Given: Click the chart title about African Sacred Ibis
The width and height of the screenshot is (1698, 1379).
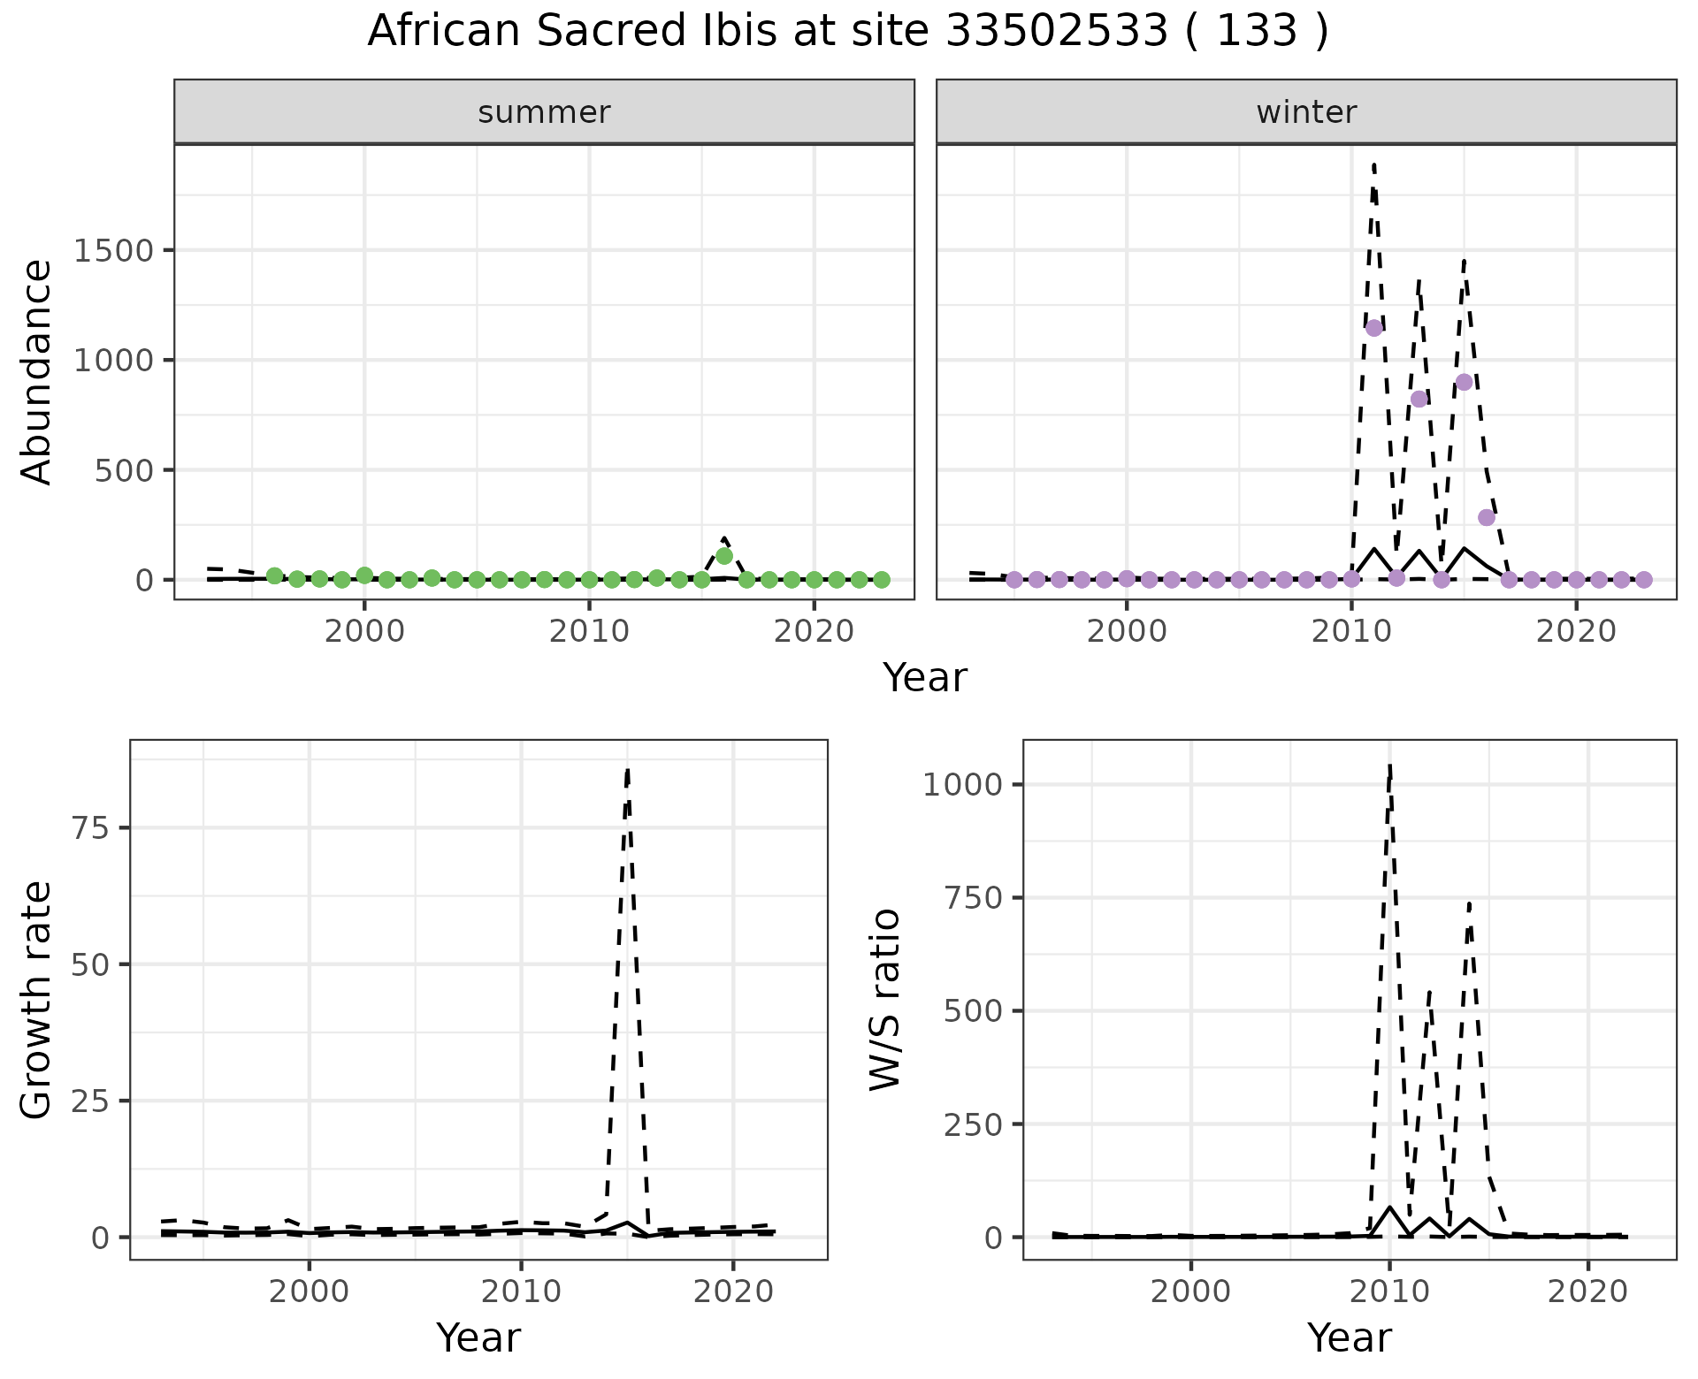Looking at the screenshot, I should pos(847,32).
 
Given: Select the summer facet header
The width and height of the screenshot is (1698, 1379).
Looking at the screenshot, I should pos(544,112).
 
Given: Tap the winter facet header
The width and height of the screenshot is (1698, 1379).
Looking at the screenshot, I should pos(1306,112).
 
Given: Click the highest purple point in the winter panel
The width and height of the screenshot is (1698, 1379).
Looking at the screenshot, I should pos(1373,328).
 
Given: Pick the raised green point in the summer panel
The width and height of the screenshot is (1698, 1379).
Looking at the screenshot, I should pos(724,556).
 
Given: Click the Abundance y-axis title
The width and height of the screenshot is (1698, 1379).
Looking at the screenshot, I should pos(37,372).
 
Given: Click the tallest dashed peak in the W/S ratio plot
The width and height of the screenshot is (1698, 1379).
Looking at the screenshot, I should pos(1390,766).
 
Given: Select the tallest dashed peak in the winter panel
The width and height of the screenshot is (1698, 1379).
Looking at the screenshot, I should pos(1373,165).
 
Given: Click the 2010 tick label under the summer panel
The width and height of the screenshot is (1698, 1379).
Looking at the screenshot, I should pos(589,632).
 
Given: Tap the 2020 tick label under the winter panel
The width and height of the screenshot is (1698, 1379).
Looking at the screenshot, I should pos(1576,632).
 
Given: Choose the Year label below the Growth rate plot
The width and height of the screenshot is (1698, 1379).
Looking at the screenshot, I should pos(478,1337).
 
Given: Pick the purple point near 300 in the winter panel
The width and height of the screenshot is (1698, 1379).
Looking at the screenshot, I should pos(1486,517).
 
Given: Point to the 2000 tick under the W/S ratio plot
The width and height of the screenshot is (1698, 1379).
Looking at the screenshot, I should pos(1190,1291).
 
